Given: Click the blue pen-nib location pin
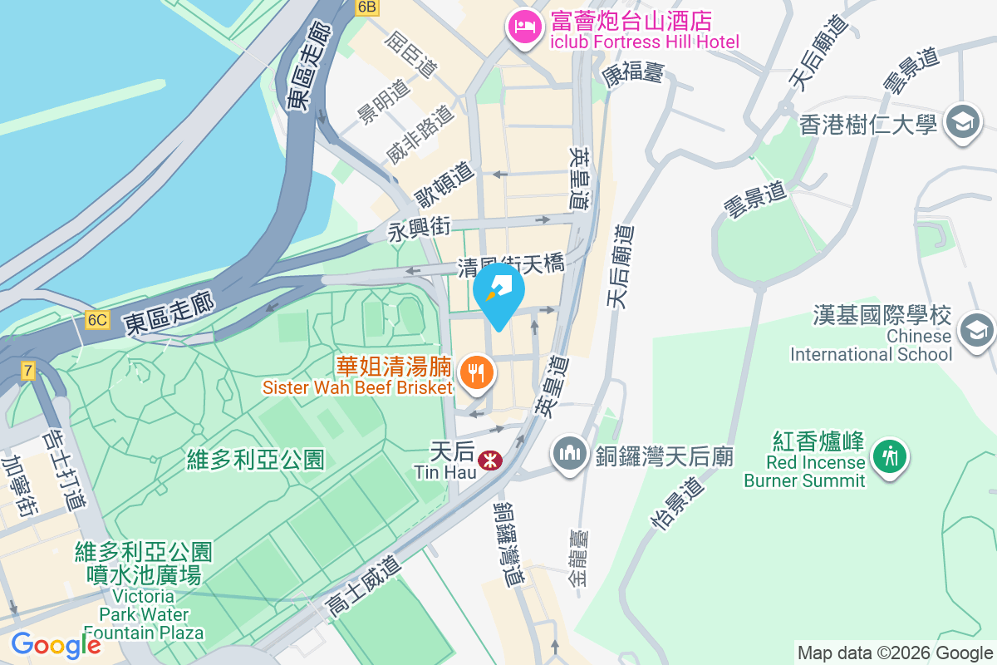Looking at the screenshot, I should click(x=498, y=293).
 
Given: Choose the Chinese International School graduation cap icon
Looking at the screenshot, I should click(x=976, y=330).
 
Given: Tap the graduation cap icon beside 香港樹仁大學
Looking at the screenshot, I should click(x=964, y=123).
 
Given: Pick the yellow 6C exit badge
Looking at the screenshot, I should click(x=97, y=320).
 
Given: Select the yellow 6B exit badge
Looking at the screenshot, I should click(x=366, y=7).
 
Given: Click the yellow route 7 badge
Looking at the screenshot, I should click(x=29, y=371).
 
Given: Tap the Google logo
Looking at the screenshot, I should click(x=56, y=645).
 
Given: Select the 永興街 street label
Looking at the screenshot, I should click(x=420, y=229).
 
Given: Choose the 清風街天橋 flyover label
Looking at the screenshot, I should click(x=511, y=266).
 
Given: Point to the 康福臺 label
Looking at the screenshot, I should click(x=633, y=74).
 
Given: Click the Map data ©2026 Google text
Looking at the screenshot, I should click(x=895, y=653).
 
